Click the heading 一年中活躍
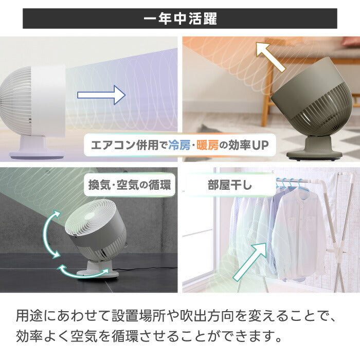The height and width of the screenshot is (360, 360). point(180,19)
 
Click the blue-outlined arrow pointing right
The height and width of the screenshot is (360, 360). point(101,95)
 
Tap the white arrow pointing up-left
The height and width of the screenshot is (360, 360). point(271,57)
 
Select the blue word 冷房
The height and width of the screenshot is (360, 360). point(179,145)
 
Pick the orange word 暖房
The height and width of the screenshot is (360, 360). point(207,145)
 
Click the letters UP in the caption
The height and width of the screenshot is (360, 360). point(260,146)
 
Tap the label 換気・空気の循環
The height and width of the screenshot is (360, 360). point(130,185)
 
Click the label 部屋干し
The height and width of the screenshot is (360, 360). point(230,185)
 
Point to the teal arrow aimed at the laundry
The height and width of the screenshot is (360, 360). point(250,262)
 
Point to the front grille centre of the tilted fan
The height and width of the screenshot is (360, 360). point(90,217)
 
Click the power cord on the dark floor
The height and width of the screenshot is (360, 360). point(147,268)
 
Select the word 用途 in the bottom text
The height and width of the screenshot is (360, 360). point(30,316)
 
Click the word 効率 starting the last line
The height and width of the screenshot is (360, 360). point(30,336)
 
